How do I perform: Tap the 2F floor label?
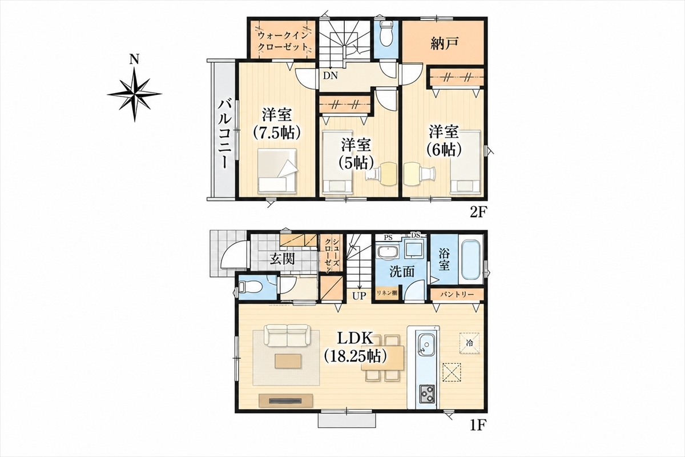click(x=478, y=212)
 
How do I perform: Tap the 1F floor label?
click(x=478, y=425)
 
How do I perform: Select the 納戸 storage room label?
click(x=444, y=43)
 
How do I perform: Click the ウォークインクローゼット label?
click(x=283, y=41)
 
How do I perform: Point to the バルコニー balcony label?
click(x=223, y=134)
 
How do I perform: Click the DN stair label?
click(x=331, y=75)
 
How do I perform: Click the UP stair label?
click(x=359, y=296)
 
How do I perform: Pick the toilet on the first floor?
click(x=251, y=287)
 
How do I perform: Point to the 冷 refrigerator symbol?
click(x=469, y=343)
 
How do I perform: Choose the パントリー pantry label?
click(x=457, y=294)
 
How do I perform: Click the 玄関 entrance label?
click(x=282, y=259)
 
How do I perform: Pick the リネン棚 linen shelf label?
click(x=387, y=292)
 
